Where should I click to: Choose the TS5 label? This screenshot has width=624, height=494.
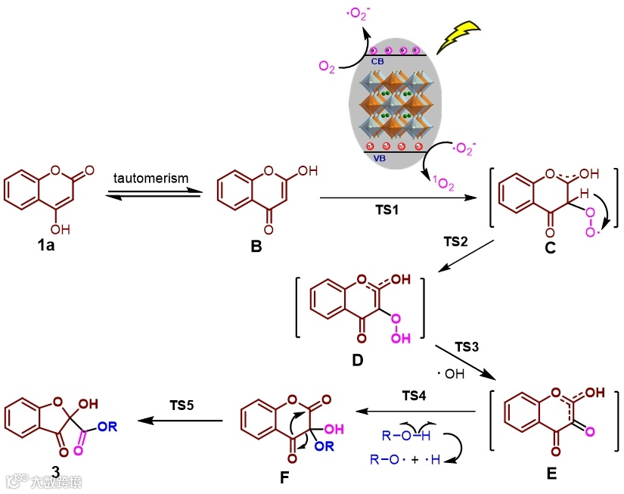point(182,405)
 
